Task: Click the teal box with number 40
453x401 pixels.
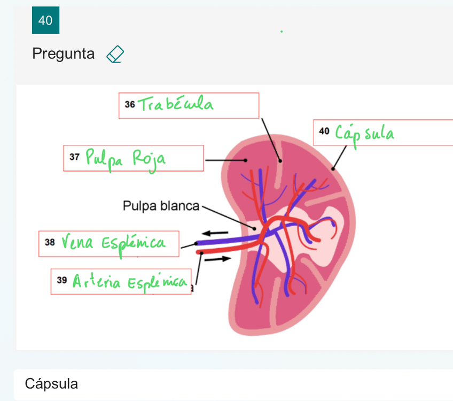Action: click(45, 20)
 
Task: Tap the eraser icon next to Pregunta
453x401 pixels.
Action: click(115, 54)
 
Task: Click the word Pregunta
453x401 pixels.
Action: click(63, 54)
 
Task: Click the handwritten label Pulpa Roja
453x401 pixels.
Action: click(125, 159)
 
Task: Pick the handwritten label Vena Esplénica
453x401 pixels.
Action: click(113, 243)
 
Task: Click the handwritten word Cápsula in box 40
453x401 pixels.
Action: click(365, 133)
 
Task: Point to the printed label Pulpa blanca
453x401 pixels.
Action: click(160, 206)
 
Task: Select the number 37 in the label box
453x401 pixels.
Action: click(74, 158)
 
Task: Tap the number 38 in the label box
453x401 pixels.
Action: click(50, 243)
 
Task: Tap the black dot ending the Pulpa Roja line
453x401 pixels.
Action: click(245, 160)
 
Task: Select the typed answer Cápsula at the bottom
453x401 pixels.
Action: click(51, 383)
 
